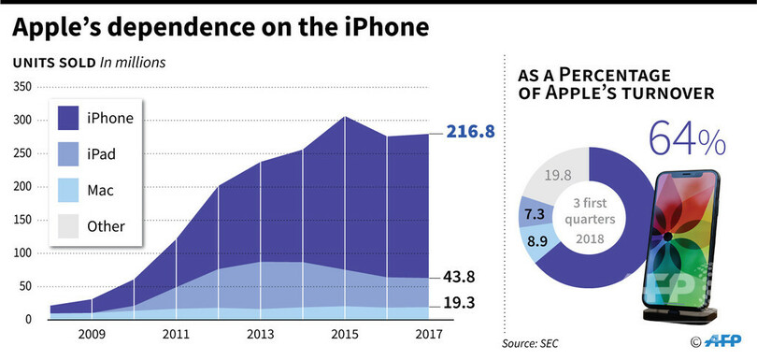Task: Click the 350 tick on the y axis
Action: pyautogui.click(x=21, y=87)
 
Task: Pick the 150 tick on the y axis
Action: pyautogui.click(x=21, y=220)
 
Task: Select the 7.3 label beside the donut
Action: pyautogui.click(x=535, y=214)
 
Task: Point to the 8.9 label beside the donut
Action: pyautogui.click(x=538, y=242)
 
